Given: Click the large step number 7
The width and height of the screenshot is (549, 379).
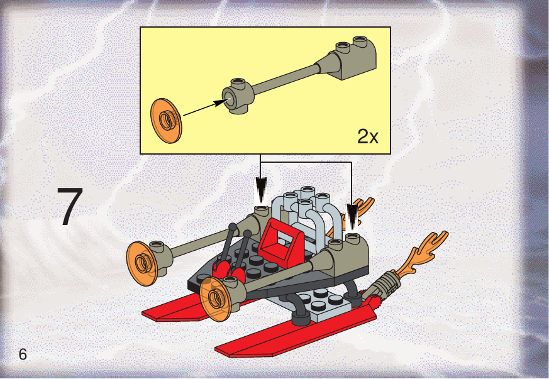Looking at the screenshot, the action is (x=70, y=206).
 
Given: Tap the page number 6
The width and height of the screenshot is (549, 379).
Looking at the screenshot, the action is (x=23, y=354).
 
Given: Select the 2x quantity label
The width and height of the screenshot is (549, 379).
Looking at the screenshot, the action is (x=368, y=136).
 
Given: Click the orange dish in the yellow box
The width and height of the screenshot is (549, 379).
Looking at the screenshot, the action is (x=166, y=121).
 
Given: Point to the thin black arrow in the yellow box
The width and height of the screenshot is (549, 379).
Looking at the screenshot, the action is (x=206, y=107).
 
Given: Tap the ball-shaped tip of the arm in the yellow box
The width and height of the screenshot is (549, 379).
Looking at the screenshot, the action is (x=237, y=96).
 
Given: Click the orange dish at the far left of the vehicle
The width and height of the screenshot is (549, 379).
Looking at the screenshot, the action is (x=141, y=263).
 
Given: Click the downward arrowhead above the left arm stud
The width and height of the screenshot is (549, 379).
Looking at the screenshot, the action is (x=261, y=189).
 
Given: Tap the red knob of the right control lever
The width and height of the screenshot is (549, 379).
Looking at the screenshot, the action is (x=239, y=275).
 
